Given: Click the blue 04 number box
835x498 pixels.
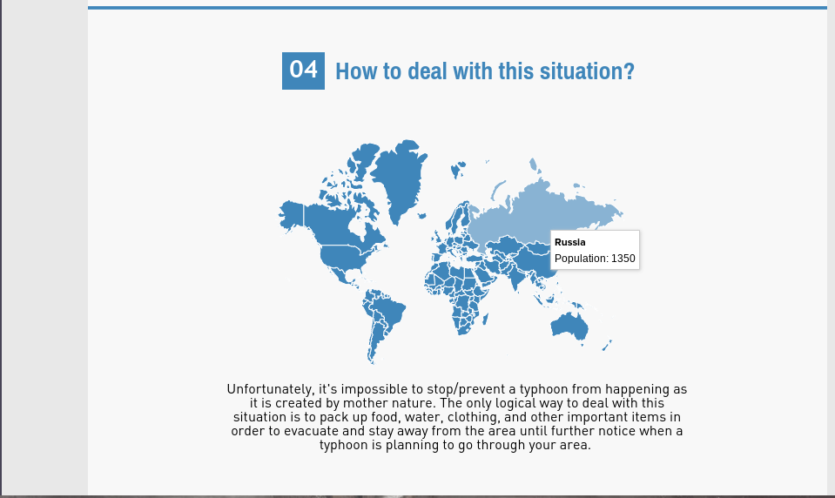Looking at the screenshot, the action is (x=303, y=71).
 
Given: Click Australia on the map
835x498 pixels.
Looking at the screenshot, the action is (x=569, y=325).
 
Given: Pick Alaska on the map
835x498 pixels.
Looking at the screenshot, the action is (x=292, y=216).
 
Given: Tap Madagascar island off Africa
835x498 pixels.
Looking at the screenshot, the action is (x=486, y=319).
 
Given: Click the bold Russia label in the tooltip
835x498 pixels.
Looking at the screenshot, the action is (x=569, y=242).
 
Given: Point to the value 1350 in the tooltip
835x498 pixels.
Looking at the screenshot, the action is (x=623, y=259).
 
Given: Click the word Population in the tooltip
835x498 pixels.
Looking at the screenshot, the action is (x=579, y=259).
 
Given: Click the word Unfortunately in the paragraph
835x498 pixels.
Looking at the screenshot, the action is (x=271, y=389).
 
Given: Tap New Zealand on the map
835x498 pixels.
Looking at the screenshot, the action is (x=607, y=345).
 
